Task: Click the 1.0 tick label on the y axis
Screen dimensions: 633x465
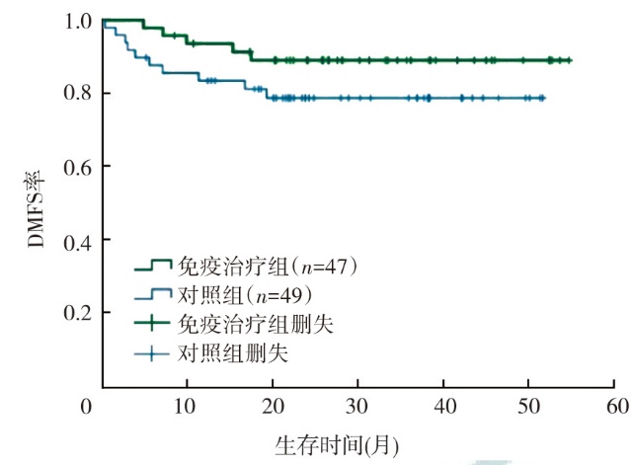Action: pos(78,22)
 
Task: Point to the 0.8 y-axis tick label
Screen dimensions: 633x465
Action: pos(78,93)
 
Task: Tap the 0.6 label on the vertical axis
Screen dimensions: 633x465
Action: pos(78,167)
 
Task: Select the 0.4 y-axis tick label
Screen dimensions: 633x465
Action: pos(78,242)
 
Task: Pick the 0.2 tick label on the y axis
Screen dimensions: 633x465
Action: pos(78,312)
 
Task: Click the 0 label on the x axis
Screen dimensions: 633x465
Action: pos(86,407)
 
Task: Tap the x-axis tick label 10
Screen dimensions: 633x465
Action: pos(185,407)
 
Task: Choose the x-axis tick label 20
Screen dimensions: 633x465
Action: pos(273,407)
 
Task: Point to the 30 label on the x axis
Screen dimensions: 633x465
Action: pos(356,407)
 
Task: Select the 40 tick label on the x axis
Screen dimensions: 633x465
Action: pos(444,407)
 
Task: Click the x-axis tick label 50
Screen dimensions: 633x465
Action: pos(529,407)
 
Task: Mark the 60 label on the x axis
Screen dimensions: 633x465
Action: pos(617,407)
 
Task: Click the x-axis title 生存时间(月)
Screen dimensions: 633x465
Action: pos(337,445)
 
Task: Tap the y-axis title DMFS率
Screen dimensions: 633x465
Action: pos(36,209)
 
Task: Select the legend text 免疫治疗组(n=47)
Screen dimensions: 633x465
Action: pos(268,267)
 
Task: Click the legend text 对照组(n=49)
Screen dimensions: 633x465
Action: pos(245,295)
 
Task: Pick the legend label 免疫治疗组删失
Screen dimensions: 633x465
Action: pos(256,324)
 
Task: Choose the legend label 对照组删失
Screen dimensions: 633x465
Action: pos(233,353)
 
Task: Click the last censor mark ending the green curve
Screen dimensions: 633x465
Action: pos(569,60)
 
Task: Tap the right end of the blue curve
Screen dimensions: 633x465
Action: pos(544,98)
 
